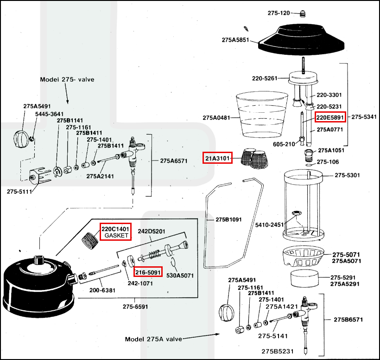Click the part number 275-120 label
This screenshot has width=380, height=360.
279,13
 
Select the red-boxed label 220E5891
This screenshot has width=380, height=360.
330,118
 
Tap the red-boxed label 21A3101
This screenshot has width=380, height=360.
218,159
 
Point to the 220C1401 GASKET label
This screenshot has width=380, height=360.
116,232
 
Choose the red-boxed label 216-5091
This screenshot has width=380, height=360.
148,271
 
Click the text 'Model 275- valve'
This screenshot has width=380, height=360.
67,79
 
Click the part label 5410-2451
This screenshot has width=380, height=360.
269,225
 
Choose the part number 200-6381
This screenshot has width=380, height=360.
103,290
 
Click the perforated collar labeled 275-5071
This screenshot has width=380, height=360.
303,257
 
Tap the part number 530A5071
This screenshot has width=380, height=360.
180,275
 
